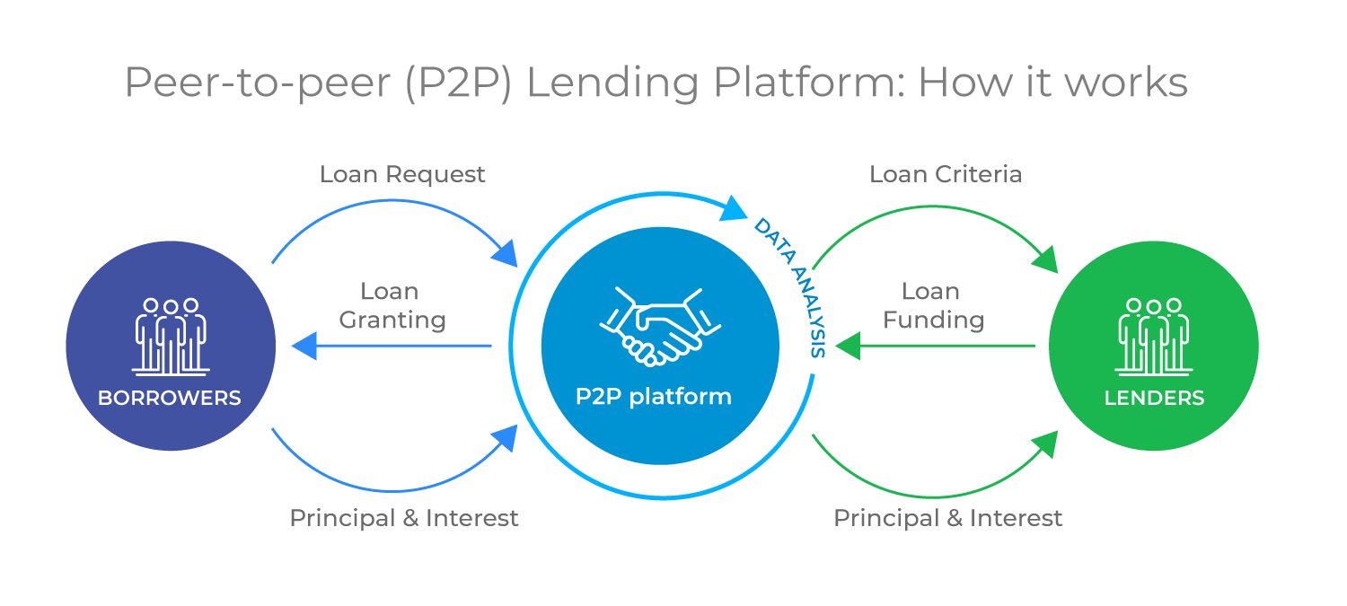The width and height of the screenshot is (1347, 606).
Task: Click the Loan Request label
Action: pos(402,174)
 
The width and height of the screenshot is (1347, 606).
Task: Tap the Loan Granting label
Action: pos(392,306)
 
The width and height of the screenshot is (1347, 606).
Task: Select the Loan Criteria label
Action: pos(946,174)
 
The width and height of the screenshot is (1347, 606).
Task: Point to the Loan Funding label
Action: pos(933,306)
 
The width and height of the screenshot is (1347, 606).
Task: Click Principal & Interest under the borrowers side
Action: pos(404,518)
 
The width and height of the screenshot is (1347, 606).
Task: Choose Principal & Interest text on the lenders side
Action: pos(948,518)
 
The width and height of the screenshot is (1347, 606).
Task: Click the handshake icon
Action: pos(652,325)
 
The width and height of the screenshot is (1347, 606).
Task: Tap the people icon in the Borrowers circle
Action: pos(171,337)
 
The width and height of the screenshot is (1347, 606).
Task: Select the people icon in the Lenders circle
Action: pos(1154,337)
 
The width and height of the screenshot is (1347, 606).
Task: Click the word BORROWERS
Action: pos(170,398)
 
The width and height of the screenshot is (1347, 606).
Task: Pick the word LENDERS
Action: pos(1154,398)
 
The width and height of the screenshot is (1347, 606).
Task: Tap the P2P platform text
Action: pos(653,396)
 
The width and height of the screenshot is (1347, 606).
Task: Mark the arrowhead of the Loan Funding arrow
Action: pos(847,346)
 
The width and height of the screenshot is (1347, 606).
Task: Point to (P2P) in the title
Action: pos(459,83)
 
